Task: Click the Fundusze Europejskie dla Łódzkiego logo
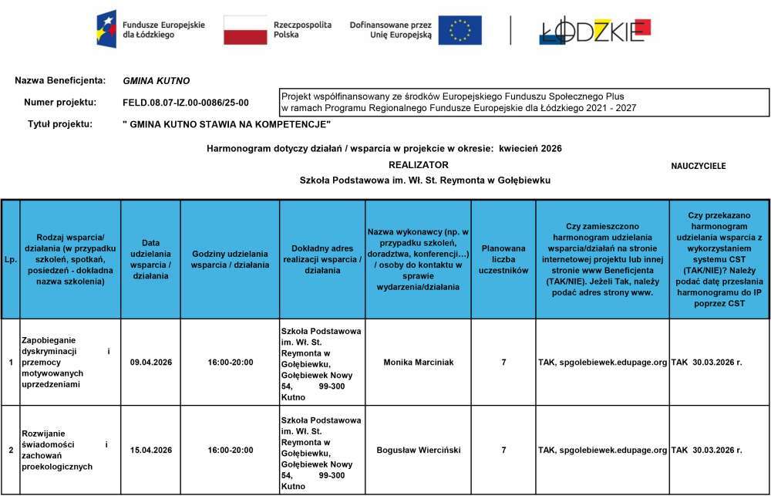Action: [150, 29]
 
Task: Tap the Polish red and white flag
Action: [245, 30]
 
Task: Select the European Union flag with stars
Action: [460, 30]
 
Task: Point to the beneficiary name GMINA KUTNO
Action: [156, 81]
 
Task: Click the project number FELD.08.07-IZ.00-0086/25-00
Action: [186, 103]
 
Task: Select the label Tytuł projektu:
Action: [60, 124]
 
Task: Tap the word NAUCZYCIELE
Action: [698, 166]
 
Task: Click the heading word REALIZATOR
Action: [418, 165]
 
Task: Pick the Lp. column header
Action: [11, 259]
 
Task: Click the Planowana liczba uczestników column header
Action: [503, 259]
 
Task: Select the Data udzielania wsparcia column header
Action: [150, 259]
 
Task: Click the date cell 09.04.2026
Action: [150, 362]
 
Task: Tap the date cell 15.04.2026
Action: [150, 450]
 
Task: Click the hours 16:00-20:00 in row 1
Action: [230, 362]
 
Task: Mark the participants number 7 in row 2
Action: [503, 450]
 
